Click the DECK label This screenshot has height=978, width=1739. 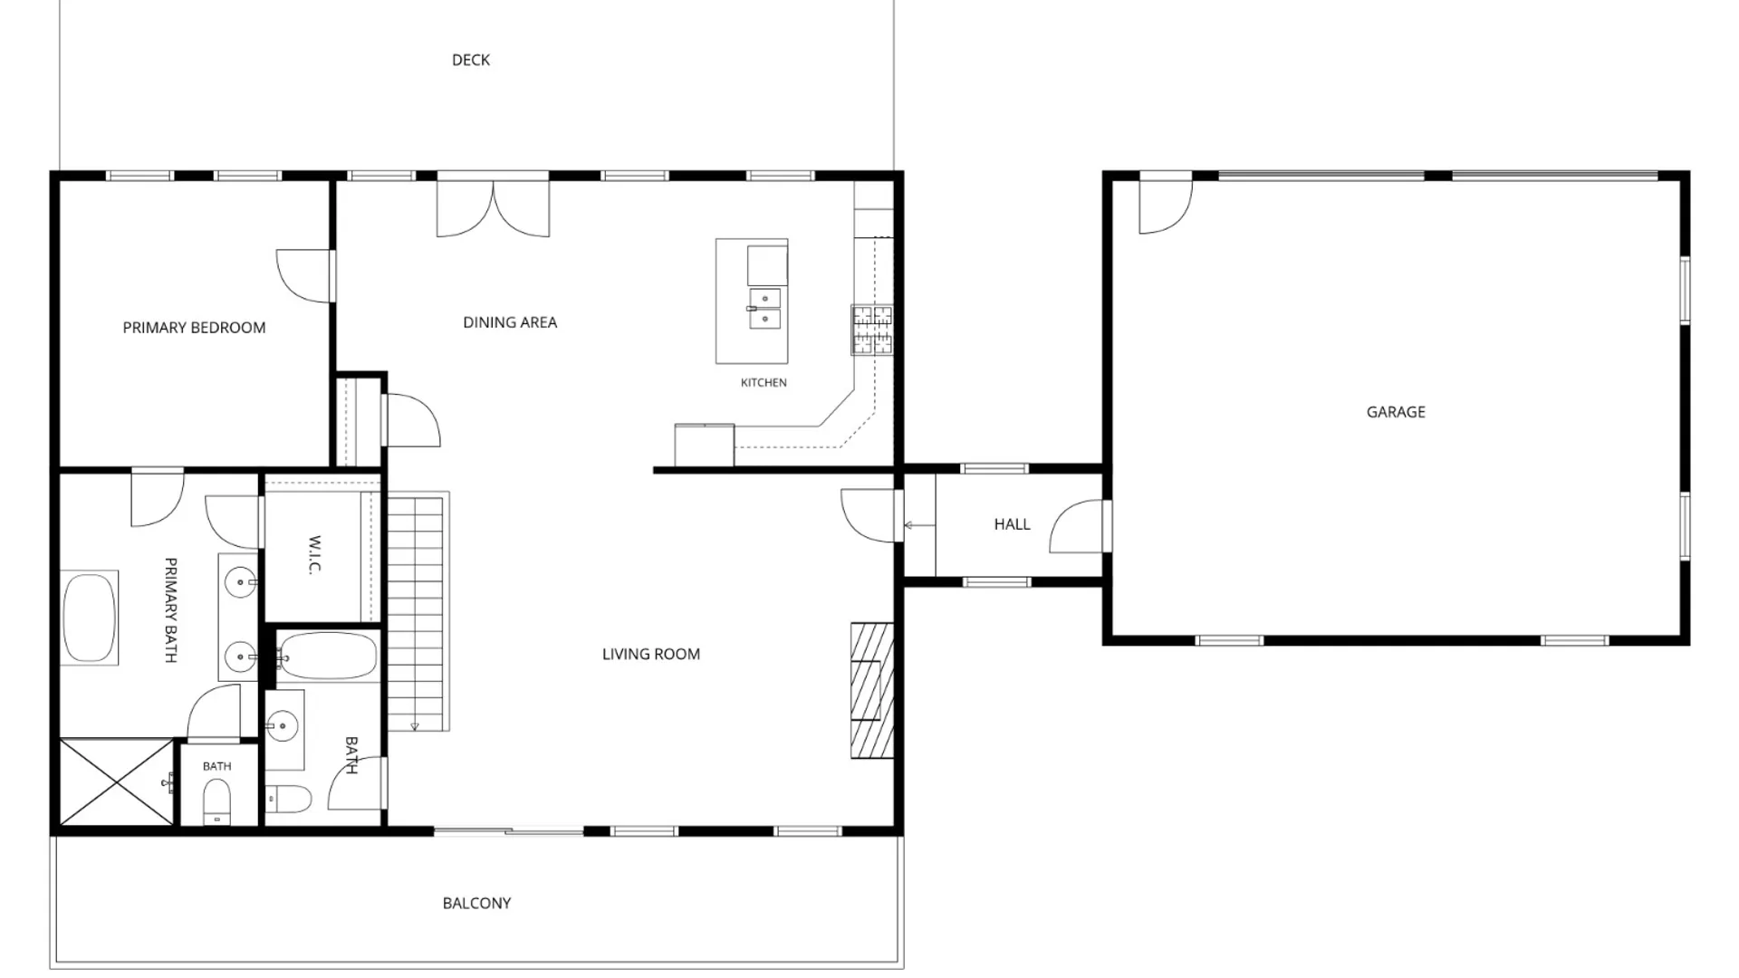[471, 60]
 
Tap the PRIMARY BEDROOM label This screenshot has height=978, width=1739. [194, 328]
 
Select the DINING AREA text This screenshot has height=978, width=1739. [510, 322]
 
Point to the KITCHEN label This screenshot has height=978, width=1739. [764, 383]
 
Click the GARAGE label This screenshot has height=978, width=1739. [1396, 412]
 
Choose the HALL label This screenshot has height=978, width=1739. [1012, 524]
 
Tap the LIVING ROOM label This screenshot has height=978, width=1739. [651, 654]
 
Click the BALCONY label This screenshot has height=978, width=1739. [476, 903]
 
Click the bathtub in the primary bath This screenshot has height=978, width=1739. [90, 618]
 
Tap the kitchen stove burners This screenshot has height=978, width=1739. [872, 330]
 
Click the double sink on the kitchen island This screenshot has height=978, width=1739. [765, 308]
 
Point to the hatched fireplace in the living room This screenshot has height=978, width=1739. [871, 690]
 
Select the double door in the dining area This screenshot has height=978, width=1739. [493, 207]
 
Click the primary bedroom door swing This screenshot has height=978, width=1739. [304, 276]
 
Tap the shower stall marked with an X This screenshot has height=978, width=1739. [117, 782]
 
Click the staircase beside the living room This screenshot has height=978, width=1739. [417, 612]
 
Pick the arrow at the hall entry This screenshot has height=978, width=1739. [919, 525]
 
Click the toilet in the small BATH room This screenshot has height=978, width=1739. [216, 801]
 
